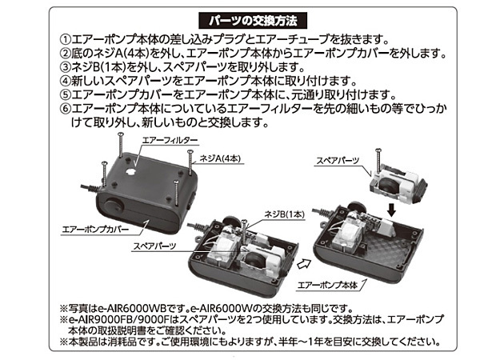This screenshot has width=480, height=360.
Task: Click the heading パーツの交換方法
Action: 253,21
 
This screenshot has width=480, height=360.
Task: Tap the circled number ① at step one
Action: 65,39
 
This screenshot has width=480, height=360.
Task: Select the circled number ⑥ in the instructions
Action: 65,109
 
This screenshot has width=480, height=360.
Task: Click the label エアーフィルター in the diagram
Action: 170,140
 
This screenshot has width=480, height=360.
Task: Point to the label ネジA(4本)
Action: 220,158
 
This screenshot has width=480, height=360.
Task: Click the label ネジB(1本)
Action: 284,214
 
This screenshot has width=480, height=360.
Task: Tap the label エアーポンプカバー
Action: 95,230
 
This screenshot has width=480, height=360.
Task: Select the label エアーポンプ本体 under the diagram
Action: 327,285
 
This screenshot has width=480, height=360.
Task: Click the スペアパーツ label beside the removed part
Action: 338,160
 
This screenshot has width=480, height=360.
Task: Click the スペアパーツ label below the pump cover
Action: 154,246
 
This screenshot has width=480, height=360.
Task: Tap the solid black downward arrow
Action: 391,210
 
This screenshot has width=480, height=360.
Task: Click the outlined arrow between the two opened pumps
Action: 304,263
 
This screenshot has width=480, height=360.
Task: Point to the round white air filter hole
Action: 130,172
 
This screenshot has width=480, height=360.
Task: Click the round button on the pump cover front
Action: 114,206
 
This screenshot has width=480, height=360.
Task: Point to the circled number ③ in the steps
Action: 65,67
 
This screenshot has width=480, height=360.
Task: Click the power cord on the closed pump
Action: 90,188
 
